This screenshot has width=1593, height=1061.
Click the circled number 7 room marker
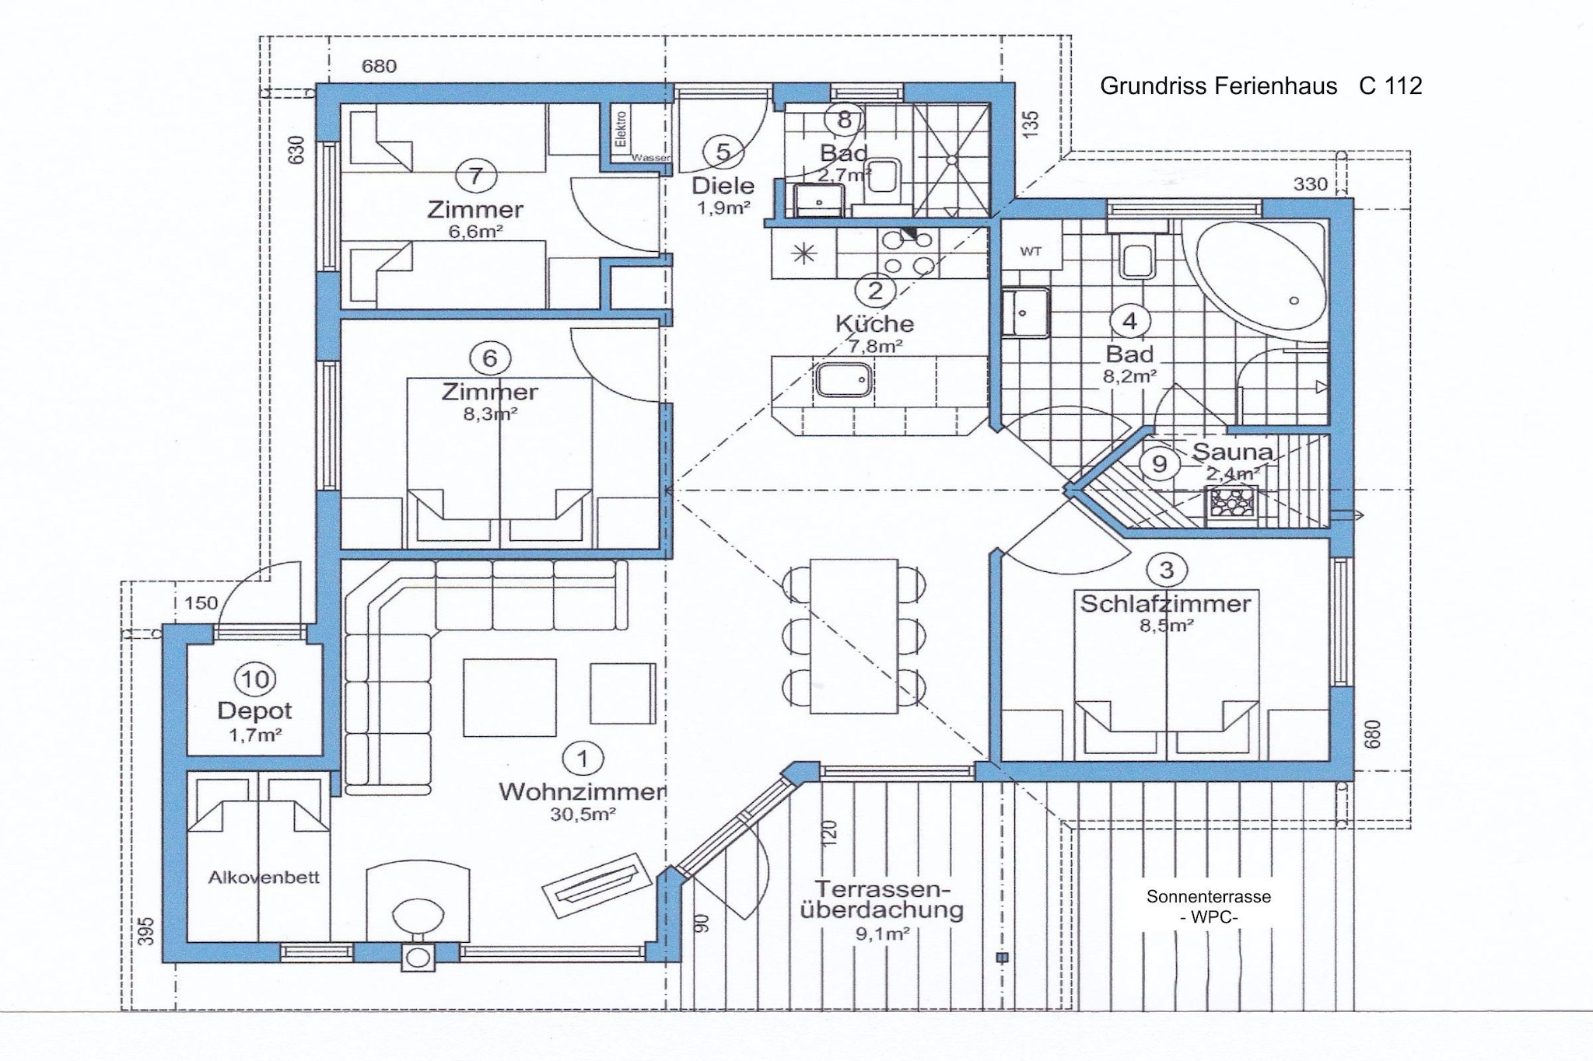click(x=475, y=176)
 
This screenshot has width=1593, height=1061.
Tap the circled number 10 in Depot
click(x=255, y=679)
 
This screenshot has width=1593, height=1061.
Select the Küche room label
click(x=874, y=323)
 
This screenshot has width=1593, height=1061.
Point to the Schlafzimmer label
click(x=1165, y=603)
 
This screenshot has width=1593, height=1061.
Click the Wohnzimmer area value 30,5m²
click(x=583, y=815)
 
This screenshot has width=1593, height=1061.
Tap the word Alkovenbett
click(x=264, y=878)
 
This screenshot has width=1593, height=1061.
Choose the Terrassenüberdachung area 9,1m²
click(x=882, y=934)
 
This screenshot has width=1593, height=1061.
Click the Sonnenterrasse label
click(x=1209, y=896)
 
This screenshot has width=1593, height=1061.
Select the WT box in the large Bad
click(x=1031, y=250)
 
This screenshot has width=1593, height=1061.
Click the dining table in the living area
click(x=854, y=635)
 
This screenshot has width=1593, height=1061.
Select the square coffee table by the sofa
click(x=509, y=697)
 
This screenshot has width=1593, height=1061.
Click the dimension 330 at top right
click(x=1310, y=184)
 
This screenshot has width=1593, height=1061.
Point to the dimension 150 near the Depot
click(x=201, y=603)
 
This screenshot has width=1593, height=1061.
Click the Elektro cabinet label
click(x=621, y=129)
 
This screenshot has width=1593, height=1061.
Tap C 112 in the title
click(x=1391, y=86)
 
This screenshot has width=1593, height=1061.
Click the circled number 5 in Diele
click(x=723, y=152)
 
